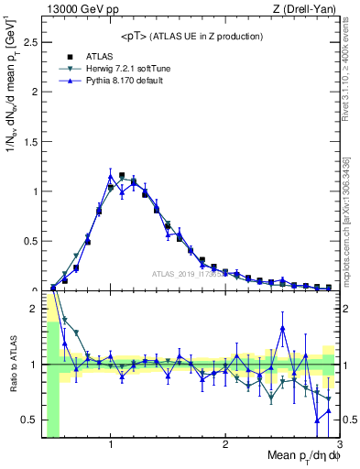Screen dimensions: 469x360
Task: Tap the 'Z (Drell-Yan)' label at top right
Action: tap(308, 8)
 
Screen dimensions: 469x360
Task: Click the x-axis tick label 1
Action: tap(111, 444)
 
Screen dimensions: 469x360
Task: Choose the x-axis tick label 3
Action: tap(338, 444)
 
